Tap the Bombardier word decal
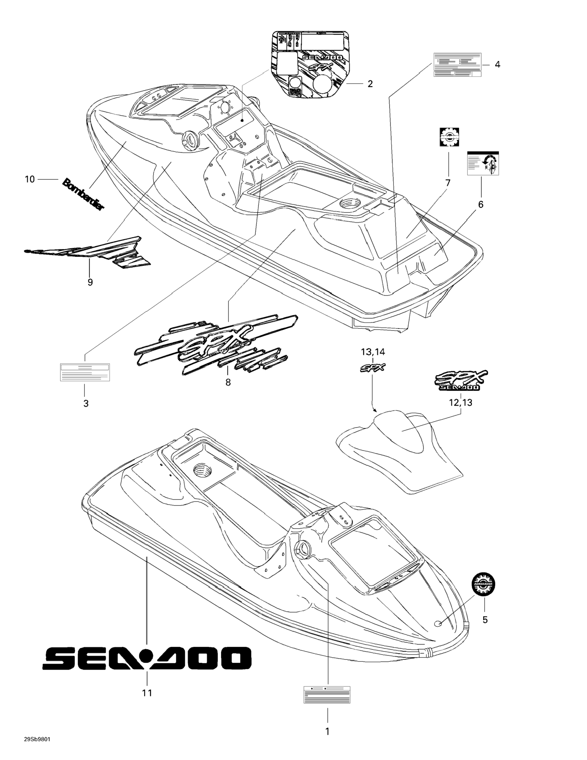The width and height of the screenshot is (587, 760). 83,194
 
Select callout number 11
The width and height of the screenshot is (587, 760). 147,693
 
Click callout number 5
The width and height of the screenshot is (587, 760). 485,619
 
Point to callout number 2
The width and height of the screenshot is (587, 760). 370,84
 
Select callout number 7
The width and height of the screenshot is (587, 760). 448,183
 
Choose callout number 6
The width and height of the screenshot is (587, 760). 481,204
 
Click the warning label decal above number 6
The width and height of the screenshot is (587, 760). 483,163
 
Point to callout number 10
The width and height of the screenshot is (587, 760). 30,179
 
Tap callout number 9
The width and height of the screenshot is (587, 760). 90,282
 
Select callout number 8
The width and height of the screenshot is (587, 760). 228,382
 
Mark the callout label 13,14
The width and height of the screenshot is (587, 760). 373,352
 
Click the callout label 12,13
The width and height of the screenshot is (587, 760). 461,403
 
